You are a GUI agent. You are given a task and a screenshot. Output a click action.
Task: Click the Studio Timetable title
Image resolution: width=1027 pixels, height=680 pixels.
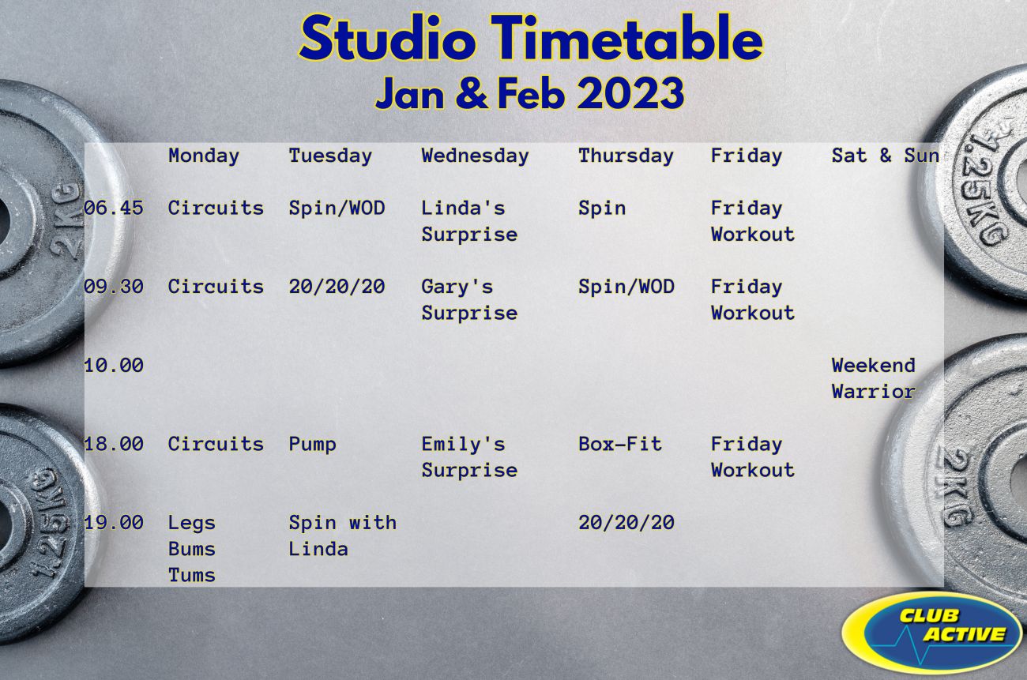point(531,39)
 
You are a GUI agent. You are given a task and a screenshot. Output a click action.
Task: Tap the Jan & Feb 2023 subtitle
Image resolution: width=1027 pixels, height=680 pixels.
point(529,93)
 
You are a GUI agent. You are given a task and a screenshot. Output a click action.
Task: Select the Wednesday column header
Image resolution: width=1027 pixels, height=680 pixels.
point(475,156)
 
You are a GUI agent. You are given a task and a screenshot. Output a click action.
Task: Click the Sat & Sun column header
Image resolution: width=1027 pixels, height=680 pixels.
point(886,156)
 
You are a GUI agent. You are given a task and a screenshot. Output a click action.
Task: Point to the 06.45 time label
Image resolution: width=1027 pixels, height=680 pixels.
point(114,208)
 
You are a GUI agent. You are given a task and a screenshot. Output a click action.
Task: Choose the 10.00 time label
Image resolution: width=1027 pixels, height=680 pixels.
point(114,365)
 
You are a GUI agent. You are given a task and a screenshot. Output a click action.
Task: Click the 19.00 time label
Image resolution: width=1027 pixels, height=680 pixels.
point(114,522)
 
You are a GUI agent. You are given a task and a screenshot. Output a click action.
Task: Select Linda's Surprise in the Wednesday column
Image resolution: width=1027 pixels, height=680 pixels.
point(469,221)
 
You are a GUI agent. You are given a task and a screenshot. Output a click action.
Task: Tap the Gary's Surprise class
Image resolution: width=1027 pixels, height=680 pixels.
point(469,300)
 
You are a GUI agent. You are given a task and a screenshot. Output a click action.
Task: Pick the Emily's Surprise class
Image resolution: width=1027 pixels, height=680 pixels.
point(469,457)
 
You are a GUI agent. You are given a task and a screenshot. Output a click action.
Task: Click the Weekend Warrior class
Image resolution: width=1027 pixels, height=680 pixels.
point(874,378)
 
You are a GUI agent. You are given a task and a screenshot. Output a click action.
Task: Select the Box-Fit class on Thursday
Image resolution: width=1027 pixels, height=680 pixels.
point(620,444)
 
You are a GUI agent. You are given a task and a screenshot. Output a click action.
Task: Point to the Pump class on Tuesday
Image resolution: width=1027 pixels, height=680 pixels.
point(312,445)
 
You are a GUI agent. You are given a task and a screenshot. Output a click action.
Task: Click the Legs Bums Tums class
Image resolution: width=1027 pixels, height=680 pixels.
point(192,549)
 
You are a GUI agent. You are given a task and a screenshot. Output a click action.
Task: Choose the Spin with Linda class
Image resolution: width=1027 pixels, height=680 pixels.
point(343,535)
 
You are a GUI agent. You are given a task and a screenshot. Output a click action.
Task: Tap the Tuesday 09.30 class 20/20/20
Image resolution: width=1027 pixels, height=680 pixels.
point(337,287)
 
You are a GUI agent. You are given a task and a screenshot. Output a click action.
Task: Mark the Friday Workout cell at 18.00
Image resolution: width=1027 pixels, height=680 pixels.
point(752,457)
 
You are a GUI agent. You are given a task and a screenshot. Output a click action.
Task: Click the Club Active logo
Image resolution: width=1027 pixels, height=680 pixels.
point(932,633)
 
